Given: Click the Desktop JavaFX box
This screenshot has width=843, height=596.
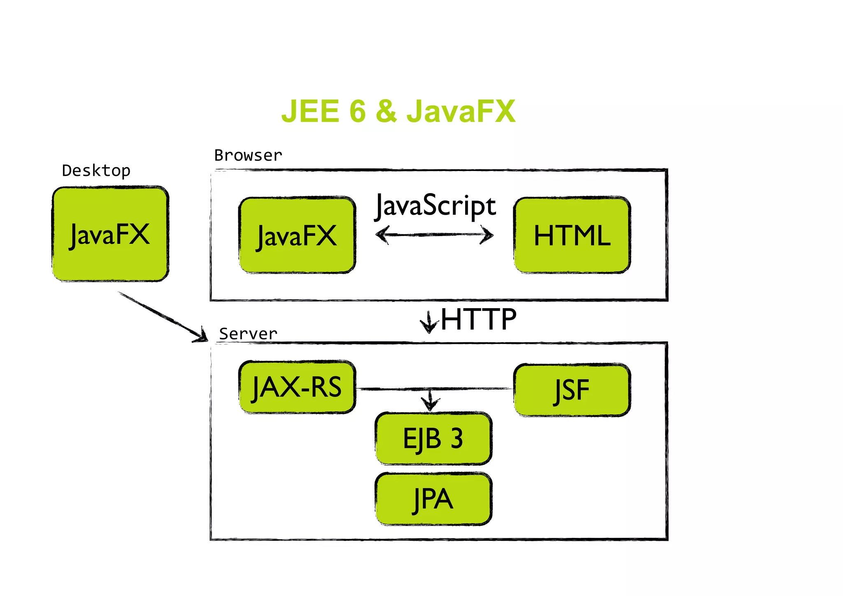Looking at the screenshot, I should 110,234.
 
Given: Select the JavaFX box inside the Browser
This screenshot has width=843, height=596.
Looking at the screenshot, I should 297,235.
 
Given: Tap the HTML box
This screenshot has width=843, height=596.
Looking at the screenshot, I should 572,235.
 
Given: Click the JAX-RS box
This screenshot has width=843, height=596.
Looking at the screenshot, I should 297,387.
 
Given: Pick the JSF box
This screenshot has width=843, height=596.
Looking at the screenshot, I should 572,390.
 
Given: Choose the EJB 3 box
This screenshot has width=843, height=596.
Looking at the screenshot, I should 433,438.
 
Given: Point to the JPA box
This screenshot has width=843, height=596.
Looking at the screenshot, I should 433,499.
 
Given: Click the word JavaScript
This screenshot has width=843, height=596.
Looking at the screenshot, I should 435,206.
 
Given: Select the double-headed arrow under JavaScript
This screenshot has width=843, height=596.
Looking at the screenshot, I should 435,235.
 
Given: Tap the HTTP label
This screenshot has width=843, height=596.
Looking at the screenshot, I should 479,320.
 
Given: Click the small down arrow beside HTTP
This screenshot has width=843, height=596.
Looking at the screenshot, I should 429,322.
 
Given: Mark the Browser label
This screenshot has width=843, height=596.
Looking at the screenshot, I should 248,156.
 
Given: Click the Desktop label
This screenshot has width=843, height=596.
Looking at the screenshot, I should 96,171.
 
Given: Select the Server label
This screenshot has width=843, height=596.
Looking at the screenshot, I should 248,334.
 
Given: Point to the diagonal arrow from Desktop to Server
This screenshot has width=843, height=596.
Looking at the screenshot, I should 163,316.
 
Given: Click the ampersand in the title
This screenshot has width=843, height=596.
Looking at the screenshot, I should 386,111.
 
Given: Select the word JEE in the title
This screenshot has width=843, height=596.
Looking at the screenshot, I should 310,111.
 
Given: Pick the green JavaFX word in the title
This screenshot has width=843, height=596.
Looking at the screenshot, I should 461,111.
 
